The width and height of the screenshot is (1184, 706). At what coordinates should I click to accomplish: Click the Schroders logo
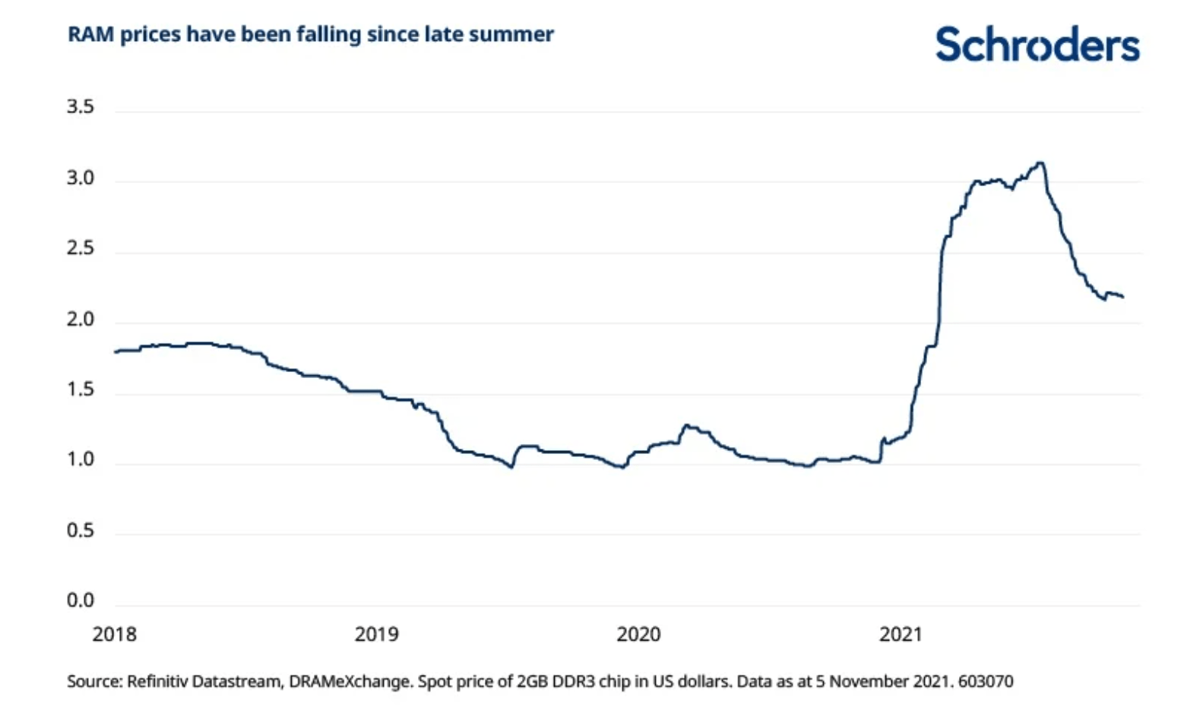click(1037, 45)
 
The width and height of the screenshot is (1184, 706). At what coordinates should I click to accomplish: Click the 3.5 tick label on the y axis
click(81, 107)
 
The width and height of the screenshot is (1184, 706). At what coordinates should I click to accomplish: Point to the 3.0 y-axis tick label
click(81, 178)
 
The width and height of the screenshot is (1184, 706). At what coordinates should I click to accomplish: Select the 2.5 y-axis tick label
click(81, 249)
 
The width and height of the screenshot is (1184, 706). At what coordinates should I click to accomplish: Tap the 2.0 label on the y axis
click(81, 320)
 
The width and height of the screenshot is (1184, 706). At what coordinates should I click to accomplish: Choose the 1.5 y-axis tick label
click(81, 389)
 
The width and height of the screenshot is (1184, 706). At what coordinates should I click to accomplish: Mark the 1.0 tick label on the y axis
click(81, 460)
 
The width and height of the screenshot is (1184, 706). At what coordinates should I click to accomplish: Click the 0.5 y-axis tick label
click(81, 531)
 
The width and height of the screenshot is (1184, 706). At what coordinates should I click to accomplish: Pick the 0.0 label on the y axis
click(81, 600)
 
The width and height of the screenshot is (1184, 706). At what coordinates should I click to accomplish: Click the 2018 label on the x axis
click(115, 634)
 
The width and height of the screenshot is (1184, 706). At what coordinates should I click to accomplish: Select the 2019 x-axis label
click(376, 634)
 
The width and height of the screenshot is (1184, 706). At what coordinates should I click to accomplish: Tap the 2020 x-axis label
click(638, 634)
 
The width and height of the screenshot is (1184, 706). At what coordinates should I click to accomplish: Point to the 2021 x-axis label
click(901, 634)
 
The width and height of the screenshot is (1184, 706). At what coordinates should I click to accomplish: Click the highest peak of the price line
click(1040, 162)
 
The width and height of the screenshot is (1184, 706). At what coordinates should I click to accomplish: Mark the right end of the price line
click(1123, 297)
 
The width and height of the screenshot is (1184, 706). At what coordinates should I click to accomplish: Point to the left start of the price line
click(116, 351)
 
